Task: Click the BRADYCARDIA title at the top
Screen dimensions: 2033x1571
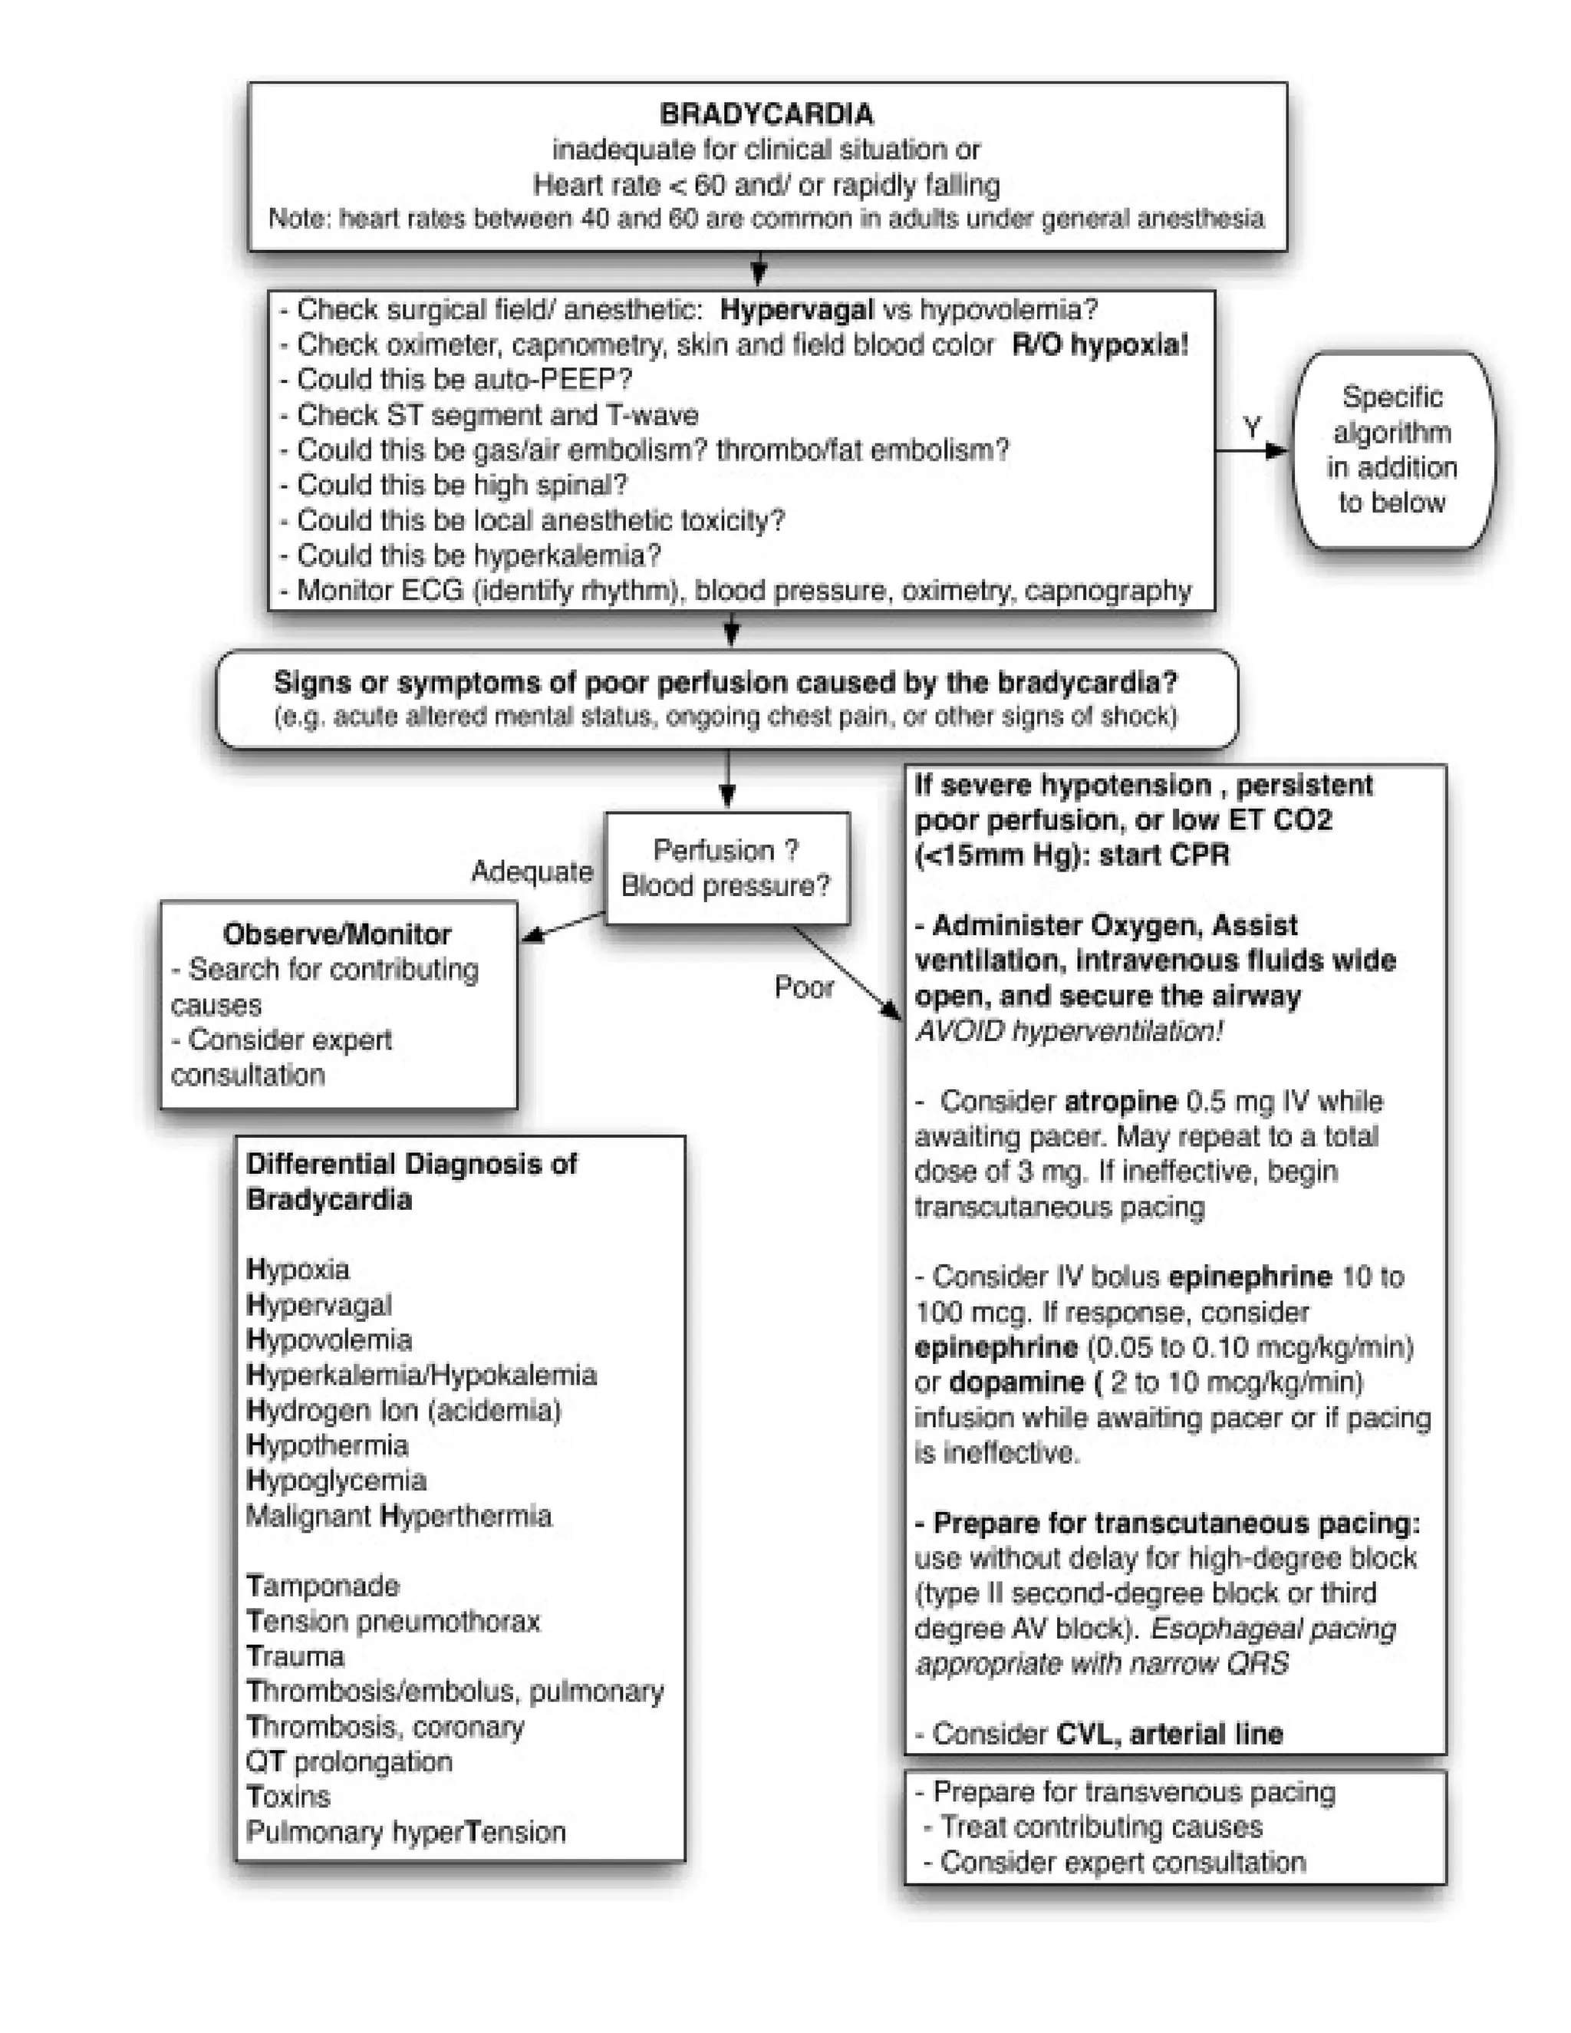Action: point(766,114)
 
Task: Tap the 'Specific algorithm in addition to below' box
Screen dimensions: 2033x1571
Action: point(1392,450)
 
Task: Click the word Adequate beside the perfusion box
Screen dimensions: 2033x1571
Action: point(532,872)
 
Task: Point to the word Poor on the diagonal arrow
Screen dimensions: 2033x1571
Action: point(804,987)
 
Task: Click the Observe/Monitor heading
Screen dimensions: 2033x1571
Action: point(337,934)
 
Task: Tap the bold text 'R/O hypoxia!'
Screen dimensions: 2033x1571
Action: point(1099,344)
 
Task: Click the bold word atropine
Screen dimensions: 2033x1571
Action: point(1121,1101)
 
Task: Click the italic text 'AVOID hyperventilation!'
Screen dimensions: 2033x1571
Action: point(1069,1030)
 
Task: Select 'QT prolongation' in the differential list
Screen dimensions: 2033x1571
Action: point(349,1761)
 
